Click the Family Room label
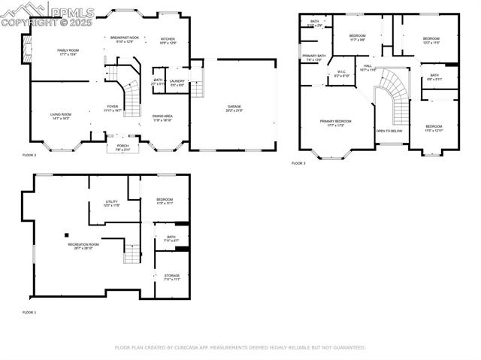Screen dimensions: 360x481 68,50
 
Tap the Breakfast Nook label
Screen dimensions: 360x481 125,38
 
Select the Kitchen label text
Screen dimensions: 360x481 168,39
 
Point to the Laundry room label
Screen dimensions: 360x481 177,80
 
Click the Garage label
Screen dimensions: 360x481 234,107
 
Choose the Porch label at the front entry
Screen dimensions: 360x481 122,146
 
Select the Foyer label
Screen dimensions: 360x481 112,107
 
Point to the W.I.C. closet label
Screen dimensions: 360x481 341,73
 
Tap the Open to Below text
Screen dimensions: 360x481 389,131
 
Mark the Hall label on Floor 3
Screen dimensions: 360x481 368,66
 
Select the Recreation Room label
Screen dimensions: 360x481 83,245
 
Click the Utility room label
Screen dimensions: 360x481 110,202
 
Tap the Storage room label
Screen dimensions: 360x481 172,276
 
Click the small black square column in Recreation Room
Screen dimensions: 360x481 66,234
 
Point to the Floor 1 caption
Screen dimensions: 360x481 29,312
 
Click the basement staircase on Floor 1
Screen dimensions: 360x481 132,254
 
